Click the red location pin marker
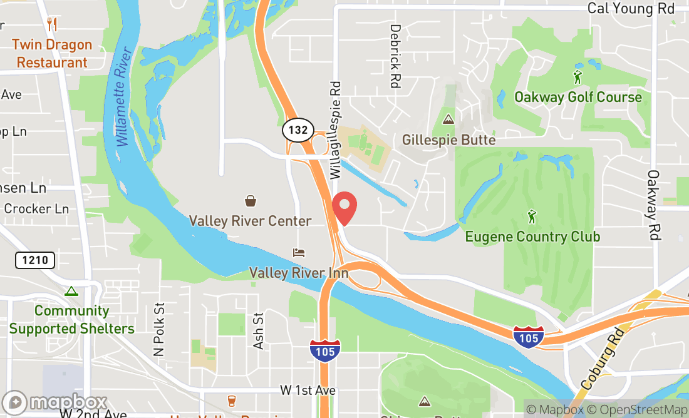(344, 209)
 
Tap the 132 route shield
(298, 131)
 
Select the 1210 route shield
(35, 260)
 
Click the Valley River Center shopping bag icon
(251, 201)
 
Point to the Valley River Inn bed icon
(299, 253)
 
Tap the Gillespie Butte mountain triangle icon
(448, 119)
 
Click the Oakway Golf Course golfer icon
(578, 78)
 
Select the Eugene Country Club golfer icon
(532, 217)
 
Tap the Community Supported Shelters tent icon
(71, 291)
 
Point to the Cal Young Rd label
(630, 9)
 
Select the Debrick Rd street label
(395, 56)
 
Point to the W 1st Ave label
(308, 390)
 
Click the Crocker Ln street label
(36, 209)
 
